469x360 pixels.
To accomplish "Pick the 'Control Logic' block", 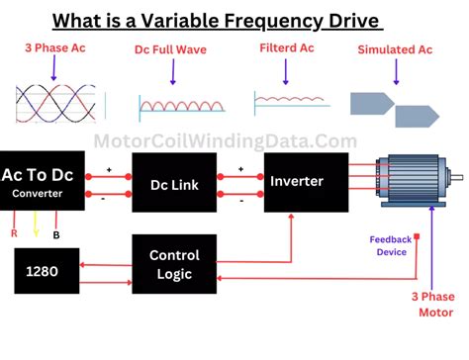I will click(x=174, y=264).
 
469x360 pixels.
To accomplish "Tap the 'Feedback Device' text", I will click(x=391, y=246).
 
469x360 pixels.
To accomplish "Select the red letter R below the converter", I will click(x=14, y=235).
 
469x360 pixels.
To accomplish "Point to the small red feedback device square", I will click(x=418, y=237).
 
